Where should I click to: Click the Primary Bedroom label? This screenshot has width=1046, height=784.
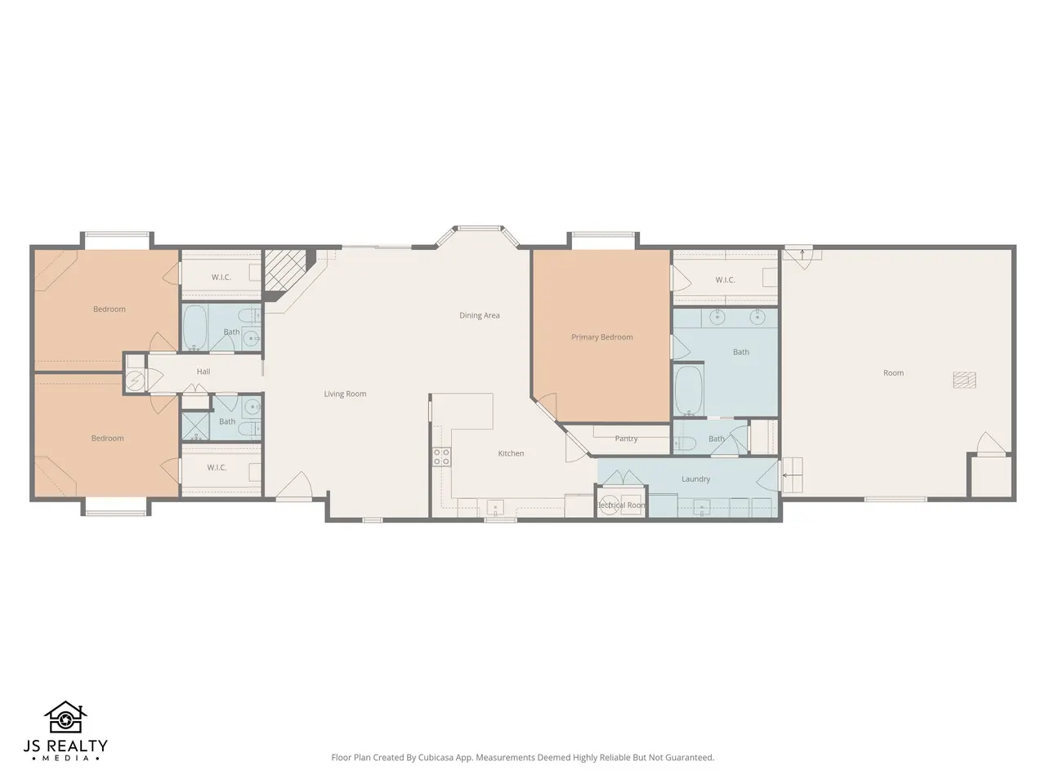point(602,337)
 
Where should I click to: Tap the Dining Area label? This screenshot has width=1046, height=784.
point(480,315)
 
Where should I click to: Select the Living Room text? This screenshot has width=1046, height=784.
point(345,394)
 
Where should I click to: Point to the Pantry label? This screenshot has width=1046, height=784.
point(626,439)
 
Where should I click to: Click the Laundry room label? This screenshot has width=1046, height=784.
point(695,479)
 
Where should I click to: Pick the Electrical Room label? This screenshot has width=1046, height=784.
point(620,505)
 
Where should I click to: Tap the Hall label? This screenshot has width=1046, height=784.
point(203,372)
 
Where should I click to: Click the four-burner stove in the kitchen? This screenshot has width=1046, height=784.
point(442,457)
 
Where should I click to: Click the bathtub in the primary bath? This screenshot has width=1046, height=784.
point(689,390)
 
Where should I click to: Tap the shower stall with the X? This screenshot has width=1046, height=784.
point(196,426)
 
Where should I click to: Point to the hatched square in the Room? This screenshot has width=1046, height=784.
point(964,380)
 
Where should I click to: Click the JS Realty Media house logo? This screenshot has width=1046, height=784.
point(65,717)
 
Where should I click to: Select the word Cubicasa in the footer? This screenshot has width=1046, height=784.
point(436,757)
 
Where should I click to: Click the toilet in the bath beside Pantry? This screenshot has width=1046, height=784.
point(685,443)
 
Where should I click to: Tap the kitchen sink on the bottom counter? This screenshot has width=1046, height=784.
point(495,506)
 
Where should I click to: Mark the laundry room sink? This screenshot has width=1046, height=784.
point(701,507)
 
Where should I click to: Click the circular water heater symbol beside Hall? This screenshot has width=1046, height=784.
point(135,381)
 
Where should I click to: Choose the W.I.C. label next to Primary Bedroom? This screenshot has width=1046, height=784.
point(725,280)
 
